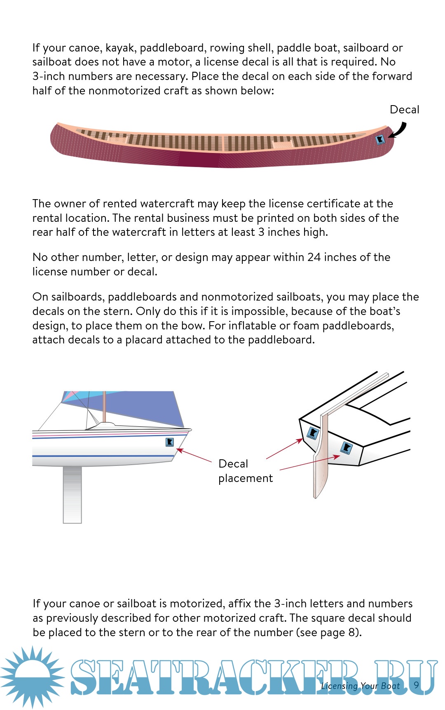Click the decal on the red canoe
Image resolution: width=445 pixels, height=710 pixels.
(x=380, y=140)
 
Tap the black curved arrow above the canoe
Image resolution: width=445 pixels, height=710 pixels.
(x=399, y=131)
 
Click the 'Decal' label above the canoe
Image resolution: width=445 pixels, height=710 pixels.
(x=405, y=110)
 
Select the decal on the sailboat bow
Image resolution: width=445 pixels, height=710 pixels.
(x=169, y=442)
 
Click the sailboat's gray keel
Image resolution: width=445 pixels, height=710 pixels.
(x=72, y=495)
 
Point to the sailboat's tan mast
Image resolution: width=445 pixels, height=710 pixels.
(x=104, y=407)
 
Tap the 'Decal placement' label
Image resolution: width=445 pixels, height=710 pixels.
(x=246, y=471)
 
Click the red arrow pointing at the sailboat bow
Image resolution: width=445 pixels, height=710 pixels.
(x=194, y=455)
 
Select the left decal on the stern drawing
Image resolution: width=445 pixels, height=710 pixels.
(x=313, y=433)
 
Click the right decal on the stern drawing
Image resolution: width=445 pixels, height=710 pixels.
(x=345, y=448)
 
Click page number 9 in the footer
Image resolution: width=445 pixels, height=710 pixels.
(x=417, y=685)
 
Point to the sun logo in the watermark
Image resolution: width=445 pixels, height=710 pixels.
(x=32, y=677)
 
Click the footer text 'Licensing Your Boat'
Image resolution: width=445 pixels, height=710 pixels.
(x=361, y=686)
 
